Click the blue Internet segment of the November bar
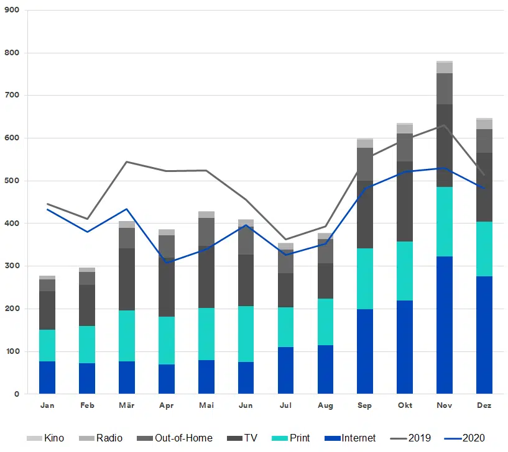(445, 325)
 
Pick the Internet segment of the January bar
(47, 377)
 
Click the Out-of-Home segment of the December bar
(484, 141)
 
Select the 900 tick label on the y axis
(12, 11)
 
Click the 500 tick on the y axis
(12, 181)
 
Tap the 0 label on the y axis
(17, 394)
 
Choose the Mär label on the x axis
(126, 406)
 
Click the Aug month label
(325, 406)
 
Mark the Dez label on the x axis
(484, 406)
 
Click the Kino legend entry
(46, 438)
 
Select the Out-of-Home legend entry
(176, 438)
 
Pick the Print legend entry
(292, 438)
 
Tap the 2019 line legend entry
(411, 438)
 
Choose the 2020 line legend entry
(465, 438)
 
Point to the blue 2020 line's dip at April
(166, 262)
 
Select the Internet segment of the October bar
(405, 347)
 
